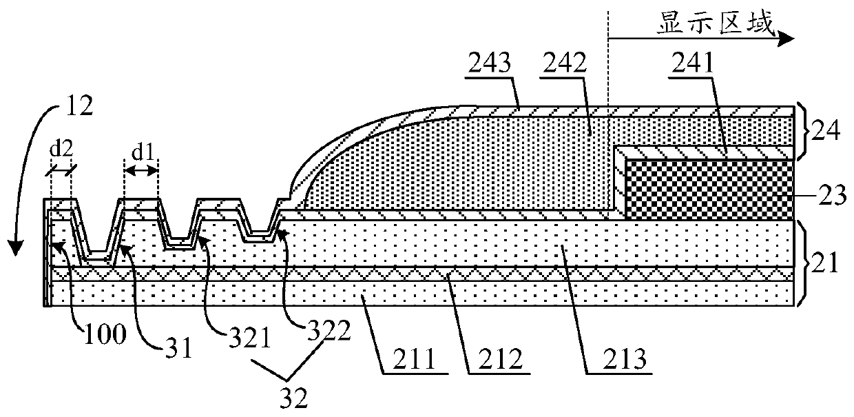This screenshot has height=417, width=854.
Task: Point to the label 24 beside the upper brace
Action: pyautogui.click(x=825, y=130)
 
